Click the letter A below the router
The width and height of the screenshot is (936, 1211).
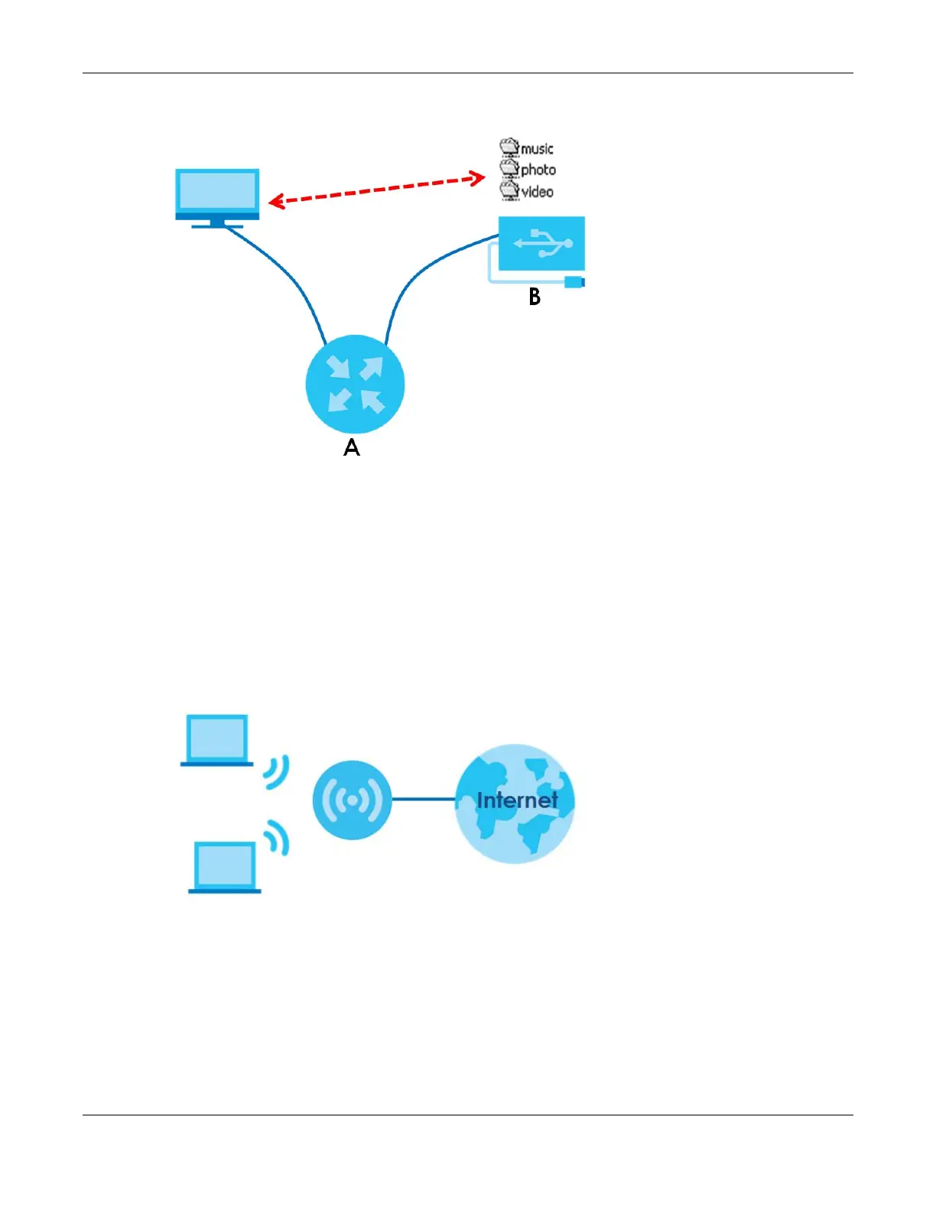(x=352, y=448)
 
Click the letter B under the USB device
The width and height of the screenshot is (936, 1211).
(x=535, y=297)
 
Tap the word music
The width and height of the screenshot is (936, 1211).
(x=537, y=148)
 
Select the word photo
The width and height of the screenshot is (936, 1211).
(x=538, y=170)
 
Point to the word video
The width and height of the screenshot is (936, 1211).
(x=537, y=192)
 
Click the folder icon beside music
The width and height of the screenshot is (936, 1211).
(x=509, y=147)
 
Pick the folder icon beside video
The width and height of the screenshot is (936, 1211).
(x=509, y=190)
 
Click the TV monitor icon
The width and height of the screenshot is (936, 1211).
(x=217, y=196)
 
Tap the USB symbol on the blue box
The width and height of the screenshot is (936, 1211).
(x=542, y=243)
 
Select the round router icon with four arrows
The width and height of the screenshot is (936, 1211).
(x=355, y=384)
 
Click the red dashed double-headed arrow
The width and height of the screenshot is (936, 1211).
(x=377, y=190)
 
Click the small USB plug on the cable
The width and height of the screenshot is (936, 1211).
(x=574, y=282)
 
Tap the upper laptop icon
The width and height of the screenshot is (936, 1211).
(x=217, y=739)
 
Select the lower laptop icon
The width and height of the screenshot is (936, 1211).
(x=225, y=867)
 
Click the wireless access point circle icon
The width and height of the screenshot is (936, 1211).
(x=352, y=800)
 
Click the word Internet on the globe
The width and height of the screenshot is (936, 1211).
(x=517, y=800)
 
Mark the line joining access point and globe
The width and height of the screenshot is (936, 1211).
(x=424, y=800)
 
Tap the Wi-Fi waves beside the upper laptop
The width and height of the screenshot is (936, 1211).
(x=277, y=772)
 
